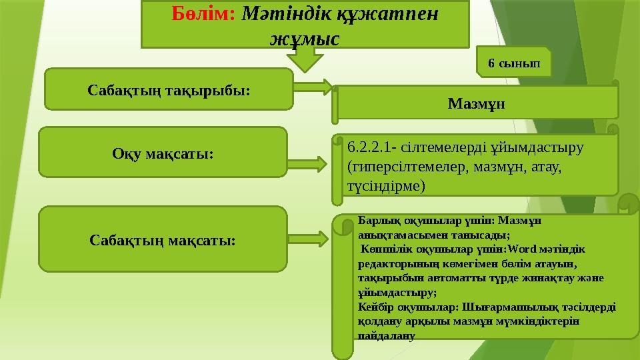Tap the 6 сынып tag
point(515,64)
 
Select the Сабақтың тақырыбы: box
point(169,88)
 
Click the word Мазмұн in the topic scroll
point(476,104)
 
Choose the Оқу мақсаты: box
point(163,153)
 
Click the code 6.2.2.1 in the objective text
point(369,146)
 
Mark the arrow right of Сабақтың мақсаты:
point(309,238)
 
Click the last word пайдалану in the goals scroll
point(386,337)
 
